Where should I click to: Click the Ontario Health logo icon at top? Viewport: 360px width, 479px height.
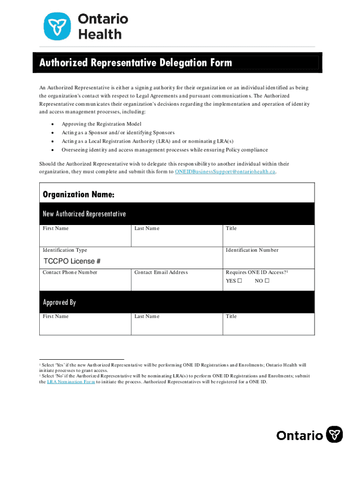click(58, 26)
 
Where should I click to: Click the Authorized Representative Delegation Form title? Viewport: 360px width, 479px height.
click(136, 63)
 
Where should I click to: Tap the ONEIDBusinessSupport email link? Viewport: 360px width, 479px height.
click(225, 172)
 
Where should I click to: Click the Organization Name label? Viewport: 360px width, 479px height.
click(79, 194)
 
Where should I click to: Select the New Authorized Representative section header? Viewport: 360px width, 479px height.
click(84, 214)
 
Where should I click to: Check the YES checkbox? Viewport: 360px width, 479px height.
click(239, 281)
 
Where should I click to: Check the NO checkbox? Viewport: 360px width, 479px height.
click(267, 281)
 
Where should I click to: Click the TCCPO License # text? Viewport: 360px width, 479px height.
click(72, 261)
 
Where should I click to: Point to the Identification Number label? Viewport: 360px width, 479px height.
click(252, 250)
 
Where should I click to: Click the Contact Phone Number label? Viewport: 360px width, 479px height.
click(70, 272)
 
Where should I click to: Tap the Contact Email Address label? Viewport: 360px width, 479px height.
click(161, 272)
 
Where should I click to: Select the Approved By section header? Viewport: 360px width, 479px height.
click(59, 302)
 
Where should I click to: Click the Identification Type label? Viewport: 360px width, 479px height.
click(65, 250)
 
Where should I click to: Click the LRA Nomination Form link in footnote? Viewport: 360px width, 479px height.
click(71, 382)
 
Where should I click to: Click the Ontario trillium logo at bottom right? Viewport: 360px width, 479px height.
click(334, 435)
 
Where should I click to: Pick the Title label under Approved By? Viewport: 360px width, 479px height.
click(231, 316)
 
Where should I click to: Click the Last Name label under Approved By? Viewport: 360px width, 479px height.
click(147, 316)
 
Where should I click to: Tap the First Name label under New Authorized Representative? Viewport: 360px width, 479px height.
click(56, 228)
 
